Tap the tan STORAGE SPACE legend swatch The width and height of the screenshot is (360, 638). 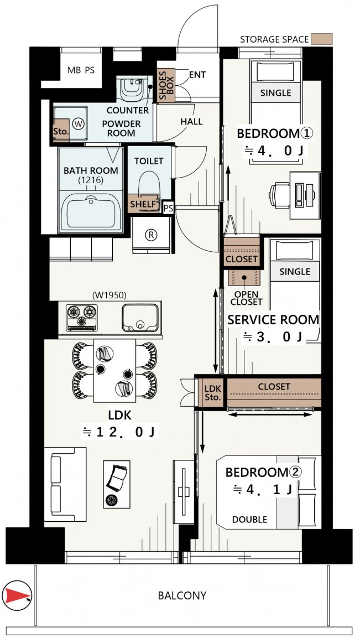tap(321, 39)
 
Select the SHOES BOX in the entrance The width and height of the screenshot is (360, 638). tap(165, 85)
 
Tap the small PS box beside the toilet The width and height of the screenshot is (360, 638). tap(168, 208)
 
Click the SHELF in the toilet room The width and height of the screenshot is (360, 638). tap(143, 204)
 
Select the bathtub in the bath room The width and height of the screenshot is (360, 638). tap(91, 211)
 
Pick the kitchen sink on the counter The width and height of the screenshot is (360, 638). tap(140, 318)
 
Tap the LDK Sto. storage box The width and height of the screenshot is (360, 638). tap(212, 393)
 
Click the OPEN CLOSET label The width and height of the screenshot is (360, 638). tap(246, 298)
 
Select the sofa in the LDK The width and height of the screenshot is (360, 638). tap(65, 484)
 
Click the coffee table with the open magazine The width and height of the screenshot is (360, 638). tap(117, 484)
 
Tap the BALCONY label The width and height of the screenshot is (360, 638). tap(182, 596)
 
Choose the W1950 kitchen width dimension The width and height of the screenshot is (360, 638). tap(109, 294)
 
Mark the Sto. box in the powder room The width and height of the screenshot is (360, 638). tap(61, 130)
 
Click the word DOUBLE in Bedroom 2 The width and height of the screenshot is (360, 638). tap(250, 520)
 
